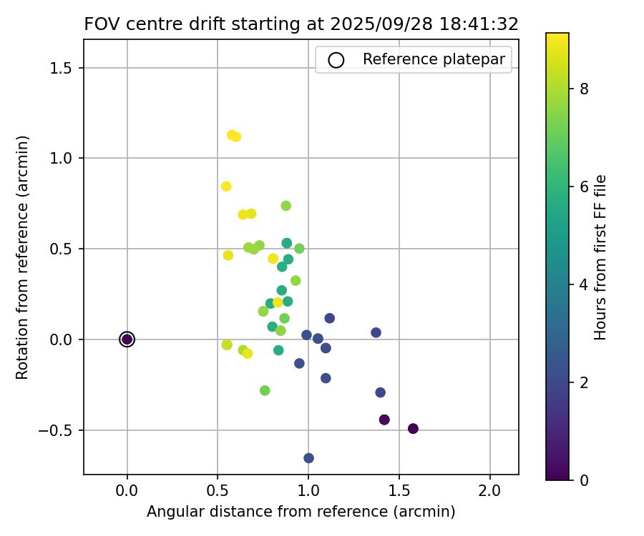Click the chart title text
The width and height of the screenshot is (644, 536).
[x=301, y=24]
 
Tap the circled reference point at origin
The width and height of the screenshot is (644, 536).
[x=127, y=339]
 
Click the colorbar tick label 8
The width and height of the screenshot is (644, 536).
[x=583, y=89]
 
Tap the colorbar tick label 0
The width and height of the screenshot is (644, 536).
[x=583, y=480]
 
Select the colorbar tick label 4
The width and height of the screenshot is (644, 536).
[x=583, y=284]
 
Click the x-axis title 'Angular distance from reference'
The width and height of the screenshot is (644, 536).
[x=301, y=512]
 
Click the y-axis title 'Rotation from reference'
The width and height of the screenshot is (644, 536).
[x=23, y=257]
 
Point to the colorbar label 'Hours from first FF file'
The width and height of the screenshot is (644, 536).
[x=600, y=257]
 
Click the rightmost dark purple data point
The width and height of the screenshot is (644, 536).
[x=413, y=429]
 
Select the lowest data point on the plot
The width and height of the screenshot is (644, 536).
[x=308, y=458]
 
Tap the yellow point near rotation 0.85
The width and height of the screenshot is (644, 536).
[x=226, y=187]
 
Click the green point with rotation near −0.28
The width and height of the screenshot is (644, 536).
[x=265, y=390]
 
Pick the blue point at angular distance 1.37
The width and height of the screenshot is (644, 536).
[x=376, y=332]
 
